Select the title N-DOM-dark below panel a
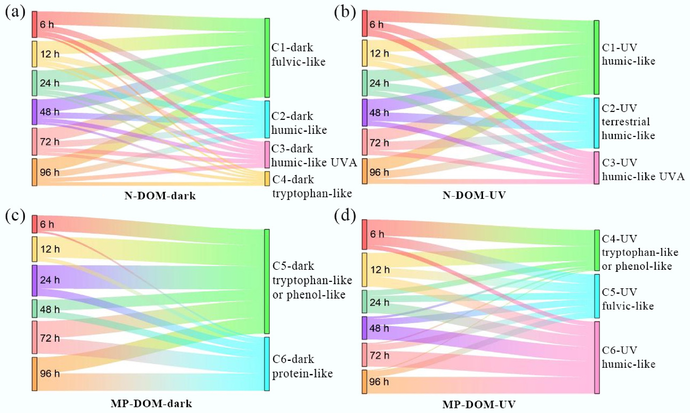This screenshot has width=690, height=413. [160, 196]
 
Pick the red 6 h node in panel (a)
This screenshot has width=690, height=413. [34, 24]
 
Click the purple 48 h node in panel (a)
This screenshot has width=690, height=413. [34, 112]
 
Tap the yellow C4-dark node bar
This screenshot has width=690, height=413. [267, 178]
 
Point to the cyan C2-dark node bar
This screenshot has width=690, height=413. [267, 119]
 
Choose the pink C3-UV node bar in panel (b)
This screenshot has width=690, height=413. [597, 168]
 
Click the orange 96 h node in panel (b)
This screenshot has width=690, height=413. [365, 171]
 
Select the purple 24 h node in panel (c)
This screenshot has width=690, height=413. [34, 281]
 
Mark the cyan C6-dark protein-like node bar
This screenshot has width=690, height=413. [267, 364]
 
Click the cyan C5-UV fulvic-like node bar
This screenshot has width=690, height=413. [597, 296]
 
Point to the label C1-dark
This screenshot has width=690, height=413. [292, 48]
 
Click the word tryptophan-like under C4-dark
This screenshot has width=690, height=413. [312, 193]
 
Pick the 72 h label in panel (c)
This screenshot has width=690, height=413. [50, 338]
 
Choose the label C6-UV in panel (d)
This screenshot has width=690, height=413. [619, 350]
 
